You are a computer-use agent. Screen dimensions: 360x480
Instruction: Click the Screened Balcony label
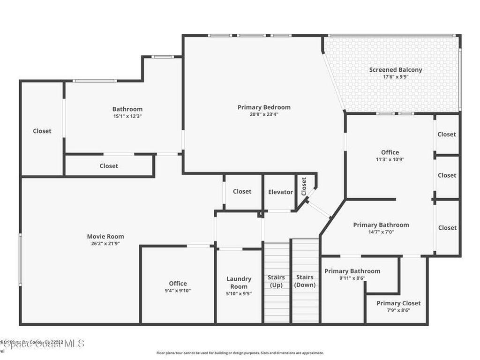pos(395,70)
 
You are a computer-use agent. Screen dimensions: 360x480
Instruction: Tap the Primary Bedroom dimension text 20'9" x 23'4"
pos(264,114)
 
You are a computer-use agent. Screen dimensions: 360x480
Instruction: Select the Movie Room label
pos(105,236)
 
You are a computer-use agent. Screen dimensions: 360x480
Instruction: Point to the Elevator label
pos(280,192)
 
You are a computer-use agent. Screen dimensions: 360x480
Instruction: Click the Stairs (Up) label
pos(276,281)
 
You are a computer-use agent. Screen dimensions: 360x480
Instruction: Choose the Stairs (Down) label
pos(305,281)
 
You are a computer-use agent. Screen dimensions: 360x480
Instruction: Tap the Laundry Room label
pos(239,283)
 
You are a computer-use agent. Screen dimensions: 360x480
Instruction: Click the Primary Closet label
pos(398,303)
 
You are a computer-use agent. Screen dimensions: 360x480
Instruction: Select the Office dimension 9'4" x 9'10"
pos(178,291)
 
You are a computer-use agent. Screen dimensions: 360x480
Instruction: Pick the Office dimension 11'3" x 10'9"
pos(390,159)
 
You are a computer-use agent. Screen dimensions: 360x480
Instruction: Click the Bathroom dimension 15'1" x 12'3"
pos(127,116)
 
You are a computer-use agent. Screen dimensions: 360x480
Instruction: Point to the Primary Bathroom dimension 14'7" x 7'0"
pos(381,232)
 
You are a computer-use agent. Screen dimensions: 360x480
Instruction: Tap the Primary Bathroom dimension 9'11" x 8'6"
pos(352,278)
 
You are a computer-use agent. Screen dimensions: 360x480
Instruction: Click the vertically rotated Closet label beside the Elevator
pos(304,186)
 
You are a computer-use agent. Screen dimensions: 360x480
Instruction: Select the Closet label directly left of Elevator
pos(242,191)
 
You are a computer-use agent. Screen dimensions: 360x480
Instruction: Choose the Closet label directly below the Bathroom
pos(109,166)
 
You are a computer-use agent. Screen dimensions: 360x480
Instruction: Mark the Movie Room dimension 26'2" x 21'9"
pos(105,243)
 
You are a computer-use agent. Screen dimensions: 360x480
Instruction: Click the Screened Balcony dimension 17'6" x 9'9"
pos(395,77)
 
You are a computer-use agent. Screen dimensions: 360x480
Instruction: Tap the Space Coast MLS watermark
pos(42,344)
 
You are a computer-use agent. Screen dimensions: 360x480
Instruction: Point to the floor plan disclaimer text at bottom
pos(240,353)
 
